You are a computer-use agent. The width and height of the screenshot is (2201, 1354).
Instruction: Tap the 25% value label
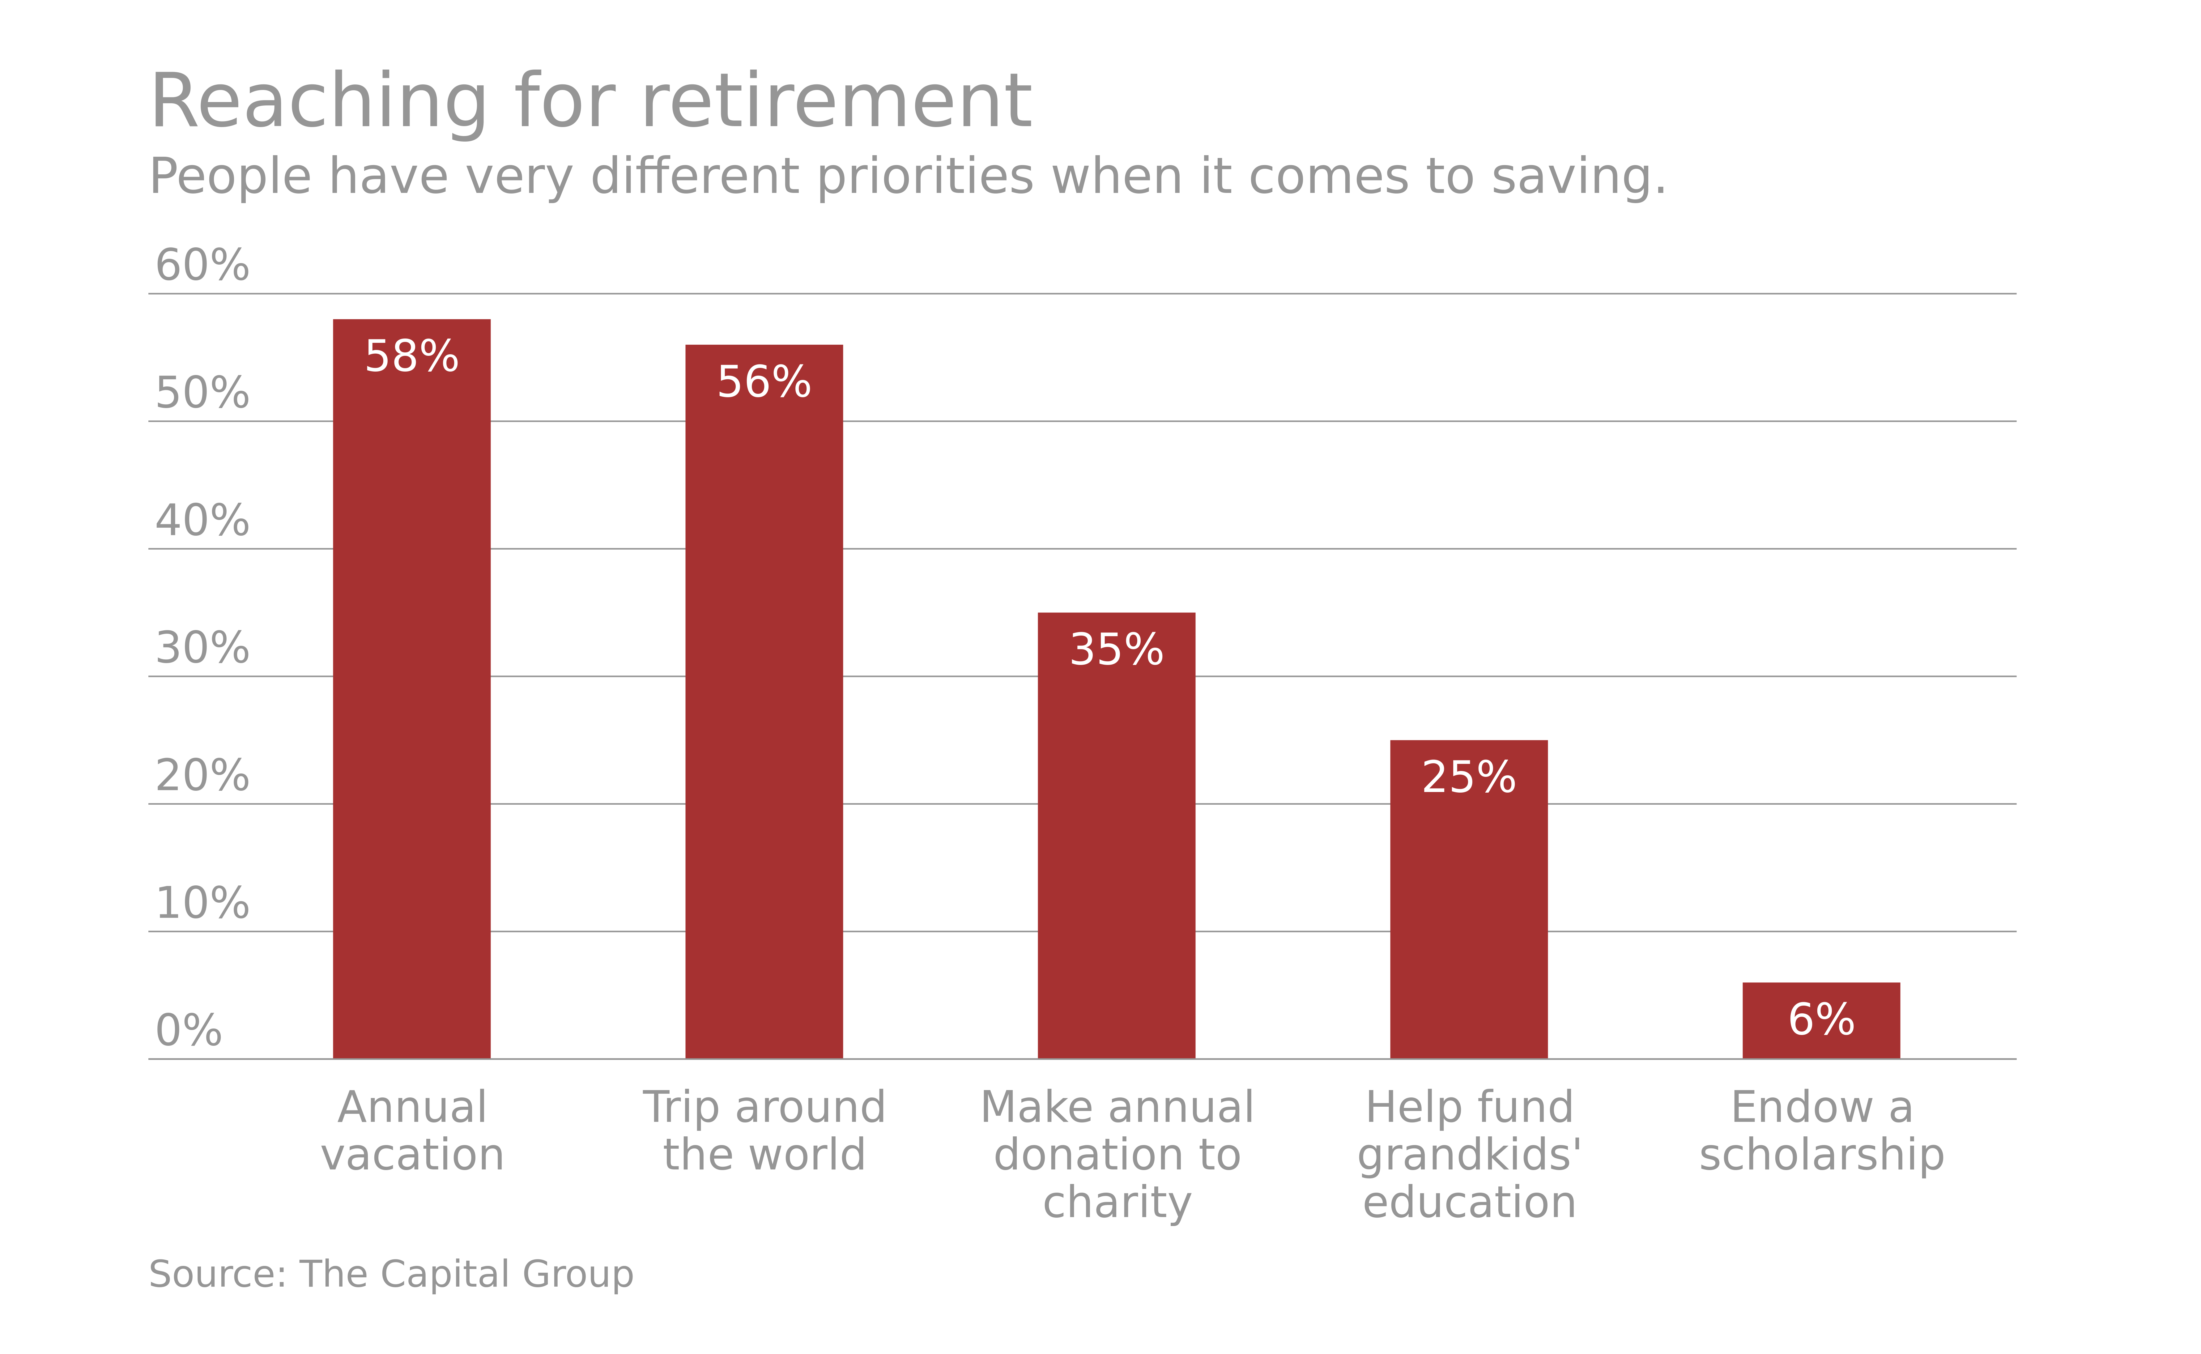1469,777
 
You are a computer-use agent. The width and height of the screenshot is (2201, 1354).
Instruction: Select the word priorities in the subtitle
925,177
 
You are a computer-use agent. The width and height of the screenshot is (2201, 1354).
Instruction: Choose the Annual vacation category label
412,1131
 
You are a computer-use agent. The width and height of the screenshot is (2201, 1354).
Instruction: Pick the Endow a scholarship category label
1821,1131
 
